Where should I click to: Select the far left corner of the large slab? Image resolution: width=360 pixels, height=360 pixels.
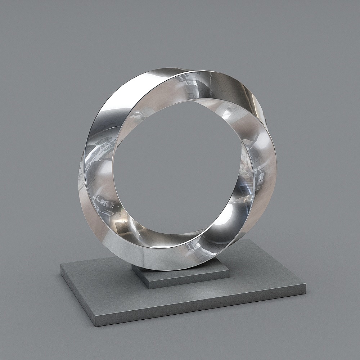pyautogui.click(x=60, y=266)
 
